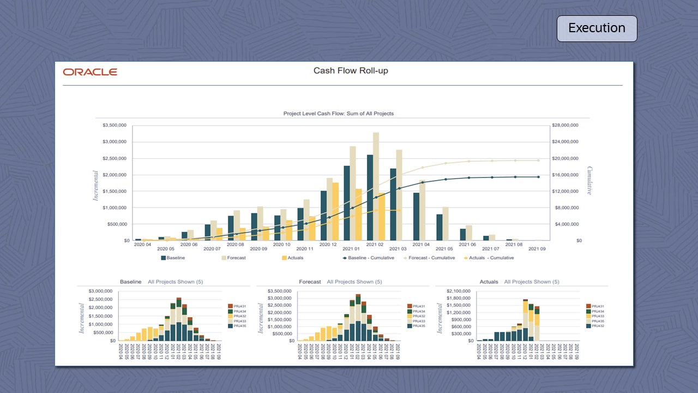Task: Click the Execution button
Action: point(597,28)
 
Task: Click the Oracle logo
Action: point(90,72)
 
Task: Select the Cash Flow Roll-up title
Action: point(351,71)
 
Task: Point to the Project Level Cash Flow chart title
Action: point(338,114)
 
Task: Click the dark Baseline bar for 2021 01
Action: point(347,203)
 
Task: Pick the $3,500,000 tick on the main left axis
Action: point(115,126)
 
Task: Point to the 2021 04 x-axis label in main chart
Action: point(420,245)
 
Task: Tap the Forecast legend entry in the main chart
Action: point(233,258)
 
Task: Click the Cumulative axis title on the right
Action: point(589,181)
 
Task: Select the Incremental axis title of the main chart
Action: point(96,186)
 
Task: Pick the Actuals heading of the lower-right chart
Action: point(489,282)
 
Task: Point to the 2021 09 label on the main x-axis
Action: point(537,249)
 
